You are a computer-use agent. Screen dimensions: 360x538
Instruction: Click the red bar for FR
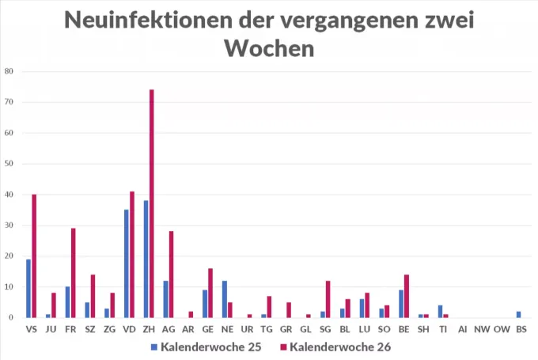[73, 273]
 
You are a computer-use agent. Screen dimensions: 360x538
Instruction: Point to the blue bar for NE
[225, 299]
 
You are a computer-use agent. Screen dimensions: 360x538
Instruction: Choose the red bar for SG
[328, 299]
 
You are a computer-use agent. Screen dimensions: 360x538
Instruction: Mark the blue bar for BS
[518, 314]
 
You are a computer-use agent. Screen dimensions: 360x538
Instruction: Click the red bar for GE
[210, 293]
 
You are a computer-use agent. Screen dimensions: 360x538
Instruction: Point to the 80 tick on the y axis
[9, 71]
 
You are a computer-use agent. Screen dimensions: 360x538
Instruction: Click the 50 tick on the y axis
[9, 164]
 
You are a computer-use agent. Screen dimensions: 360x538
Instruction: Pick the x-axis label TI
[443, 328]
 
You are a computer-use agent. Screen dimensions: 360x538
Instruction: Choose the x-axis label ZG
[109, 328]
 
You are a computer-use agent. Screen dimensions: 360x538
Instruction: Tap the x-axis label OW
[501, 328]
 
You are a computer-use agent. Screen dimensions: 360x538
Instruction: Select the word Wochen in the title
[269, 49]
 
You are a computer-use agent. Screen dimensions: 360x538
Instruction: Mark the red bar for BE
[407, 296]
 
